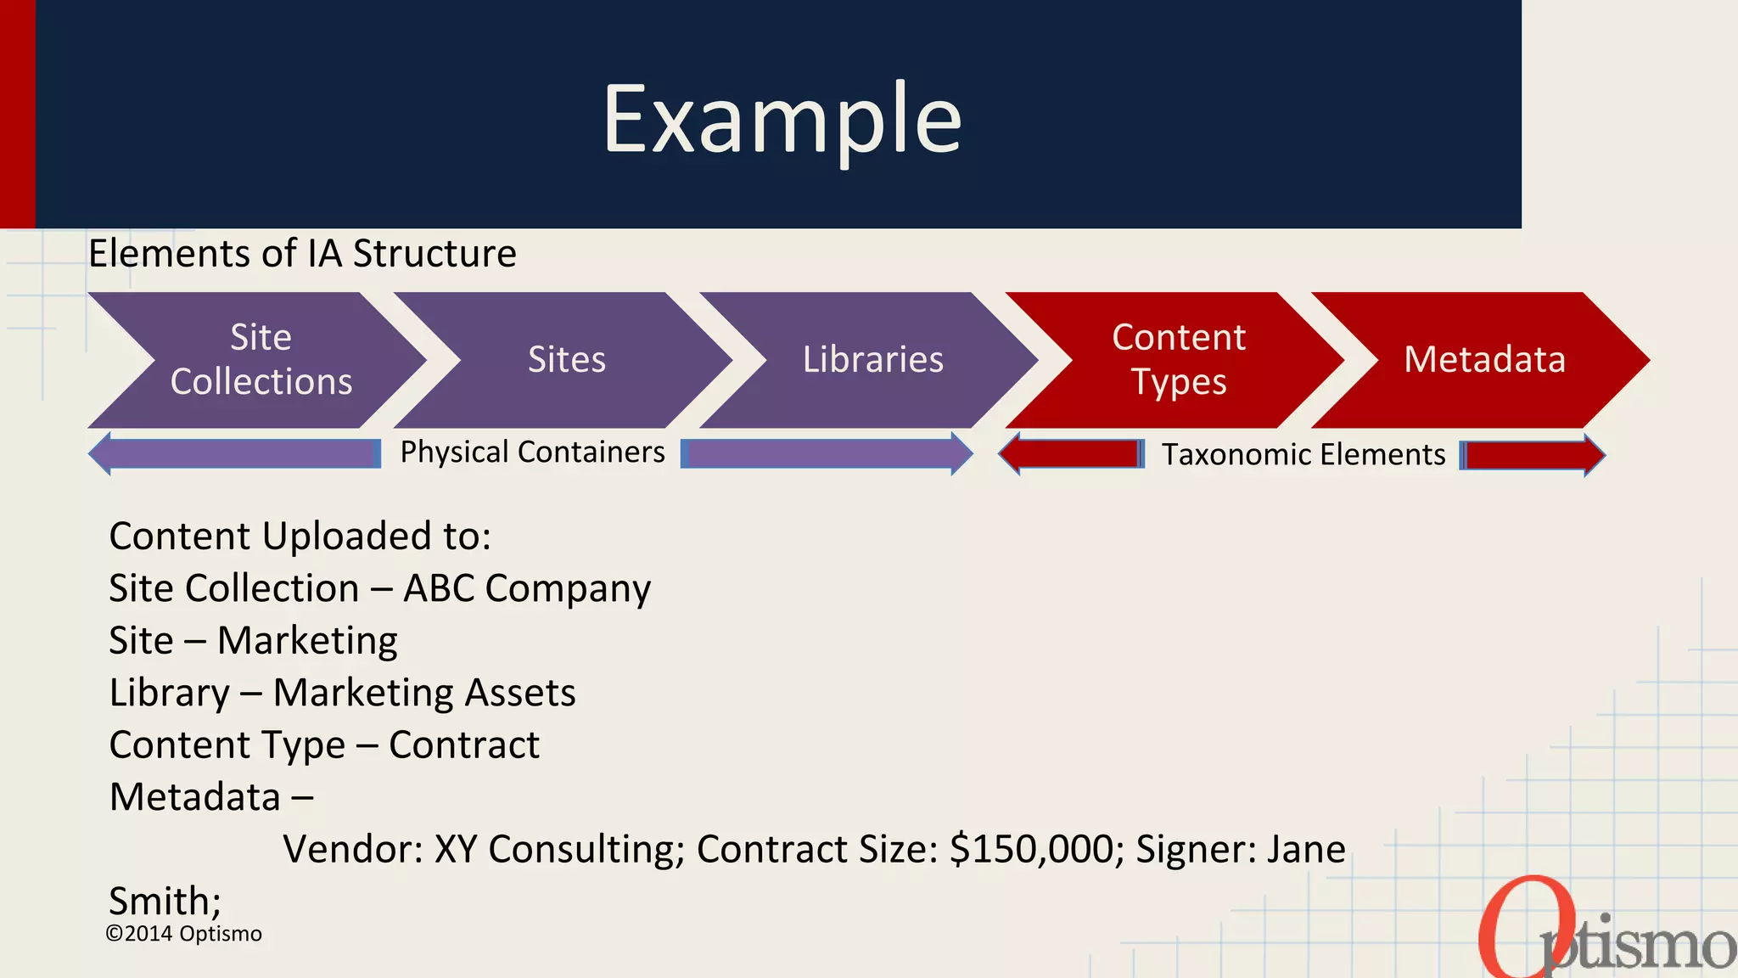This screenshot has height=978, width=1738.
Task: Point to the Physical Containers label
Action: point(532,452)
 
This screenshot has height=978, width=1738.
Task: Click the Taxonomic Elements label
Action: point(1303,455)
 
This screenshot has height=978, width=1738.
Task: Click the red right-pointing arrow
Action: point(1533,455)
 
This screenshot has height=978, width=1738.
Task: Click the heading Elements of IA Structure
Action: point(302,254)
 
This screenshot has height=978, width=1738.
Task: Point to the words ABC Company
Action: point(527,588)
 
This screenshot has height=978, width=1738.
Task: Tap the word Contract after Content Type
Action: point(464,745)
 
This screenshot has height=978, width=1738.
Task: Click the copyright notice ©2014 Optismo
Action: point(183,934)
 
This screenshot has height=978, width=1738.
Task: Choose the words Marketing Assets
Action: point(424,693)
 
